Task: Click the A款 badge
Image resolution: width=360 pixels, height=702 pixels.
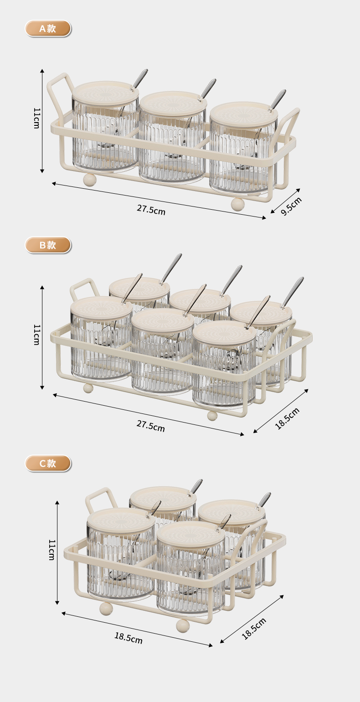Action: pyautogui.click(x=48, y=29)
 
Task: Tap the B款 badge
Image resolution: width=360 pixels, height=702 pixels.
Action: pyautogui.click(x=48, y=245)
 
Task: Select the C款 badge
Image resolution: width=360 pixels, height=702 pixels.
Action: pyautogui.click(x=48, y=463)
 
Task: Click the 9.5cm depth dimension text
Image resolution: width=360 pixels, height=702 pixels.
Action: pyautogui.click(x=291, y=206)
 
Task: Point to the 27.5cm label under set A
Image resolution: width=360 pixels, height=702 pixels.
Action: pyautogui.click(x=151, y=210)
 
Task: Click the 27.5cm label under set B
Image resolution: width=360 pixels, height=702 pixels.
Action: pyautogui.click(x=151, y=426)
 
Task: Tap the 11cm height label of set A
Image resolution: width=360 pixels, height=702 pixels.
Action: pyautogui.click(x=36, y=118)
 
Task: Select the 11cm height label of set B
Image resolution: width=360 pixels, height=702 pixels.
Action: pyautogui.click(x=36, y=335)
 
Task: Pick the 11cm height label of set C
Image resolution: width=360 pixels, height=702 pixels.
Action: pyautogui.click(x=51, y=550)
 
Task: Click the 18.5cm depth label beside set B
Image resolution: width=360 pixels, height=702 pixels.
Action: pyautogui.click(x=287, y=418)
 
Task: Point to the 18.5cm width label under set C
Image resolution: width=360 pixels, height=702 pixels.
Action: pyautogui.click(x=129, y=638)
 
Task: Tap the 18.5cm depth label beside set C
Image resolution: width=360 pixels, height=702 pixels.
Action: pyautogui.click(x=254, y=628)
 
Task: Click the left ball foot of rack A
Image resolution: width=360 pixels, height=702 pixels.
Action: pyautogui.click(x=90, y=181)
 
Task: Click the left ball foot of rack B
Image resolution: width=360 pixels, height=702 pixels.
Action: pyautogui.click(x=88, y=388)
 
